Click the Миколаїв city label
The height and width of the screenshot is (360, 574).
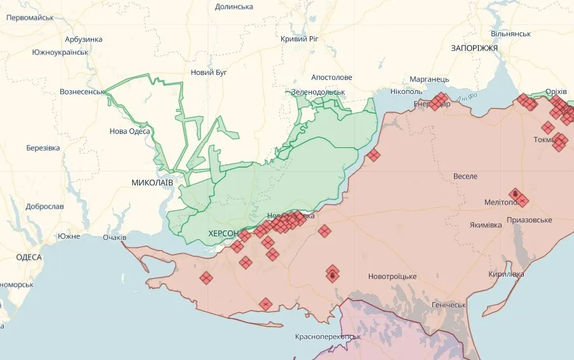tap(152, 182)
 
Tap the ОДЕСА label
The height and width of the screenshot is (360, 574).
tap(29, 257)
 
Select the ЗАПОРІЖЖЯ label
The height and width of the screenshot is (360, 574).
tap(474, 48)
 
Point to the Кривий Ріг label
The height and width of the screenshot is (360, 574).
tap(299, 39)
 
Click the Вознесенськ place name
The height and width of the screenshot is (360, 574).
tap(82, 91)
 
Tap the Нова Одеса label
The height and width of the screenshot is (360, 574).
tap(130, 131)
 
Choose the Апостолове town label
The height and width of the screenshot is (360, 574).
tap(331, 77)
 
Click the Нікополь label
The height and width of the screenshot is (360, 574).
tap(406, 91)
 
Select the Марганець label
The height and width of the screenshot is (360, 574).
tap(429, 79)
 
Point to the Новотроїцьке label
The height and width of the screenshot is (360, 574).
tap(392, 276)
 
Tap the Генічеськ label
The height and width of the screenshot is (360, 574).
tap(448, 305)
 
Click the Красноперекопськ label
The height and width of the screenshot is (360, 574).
tap(328, 337)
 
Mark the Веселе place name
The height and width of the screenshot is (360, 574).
tap(465, 176)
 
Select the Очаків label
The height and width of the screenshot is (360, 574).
tap(115, 237)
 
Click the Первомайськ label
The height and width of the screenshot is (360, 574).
tap(30, 18)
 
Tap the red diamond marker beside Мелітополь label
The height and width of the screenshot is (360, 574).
tap(522, 201)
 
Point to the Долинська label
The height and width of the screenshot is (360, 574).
tap(234, 6)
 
